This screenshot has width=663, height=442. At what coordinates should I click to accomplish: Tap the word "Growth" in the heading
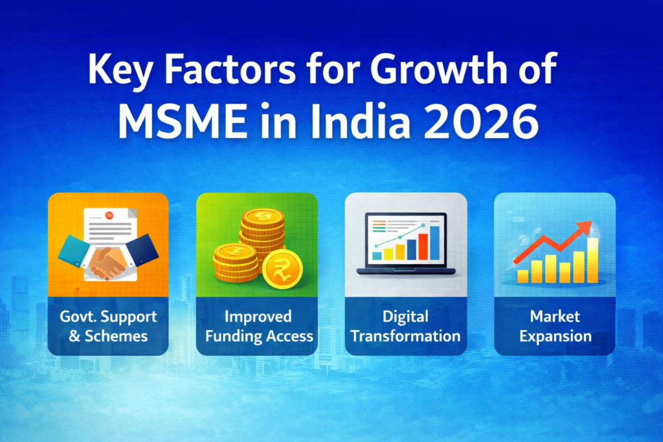422,71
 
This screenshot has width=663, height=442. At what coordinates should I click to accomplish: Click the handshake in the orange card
107,261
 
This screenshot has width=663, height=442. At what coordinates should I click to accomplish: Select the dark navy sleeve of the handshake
143,250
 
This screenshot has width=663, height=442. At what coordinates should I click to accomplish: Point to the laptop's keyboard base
405,271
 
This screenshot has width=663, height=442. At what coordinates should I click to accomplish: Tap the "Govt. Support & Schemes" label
108,326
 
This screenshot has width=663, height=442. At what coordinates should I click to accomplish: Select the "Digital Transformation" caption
406,326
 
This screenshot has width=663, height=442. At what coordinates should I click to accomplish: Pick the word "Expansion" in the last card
555,336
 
